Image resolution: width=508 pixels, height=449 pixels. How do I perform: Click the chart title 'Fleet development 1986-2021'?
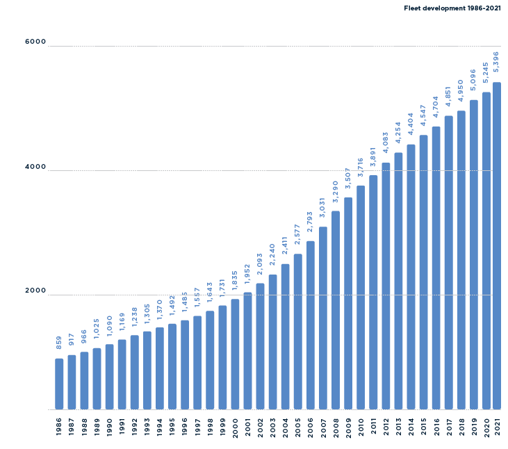coord(452,8)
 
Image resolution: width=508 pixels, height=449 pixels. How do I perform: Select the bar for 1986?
coord(59,384)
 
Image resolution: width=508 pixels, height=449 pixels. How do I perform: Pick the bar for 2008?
coord(336,310)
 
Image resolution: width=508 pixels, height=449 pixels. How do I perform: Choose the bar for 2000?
coord(235,354)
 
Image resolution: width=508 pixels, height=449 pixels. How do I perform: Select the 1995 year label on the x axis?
coord(172,427)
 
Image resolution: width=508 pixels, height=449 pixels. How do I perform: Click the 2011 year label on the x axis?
coord(373,427)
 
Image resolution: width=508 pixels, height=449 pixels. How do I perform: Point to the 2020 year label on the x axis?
coord(486,427)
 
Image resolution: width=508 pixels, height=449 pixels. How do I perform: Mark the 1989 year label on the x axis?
coord(97,427)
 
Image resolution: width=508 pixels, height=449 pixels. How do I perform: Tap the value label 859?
coord(59,343)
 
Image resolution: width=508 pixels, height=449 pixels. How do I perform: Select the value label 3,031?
coord(322,206)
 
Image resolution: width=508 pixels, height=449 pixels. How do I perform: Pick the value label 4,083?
coord(386,142)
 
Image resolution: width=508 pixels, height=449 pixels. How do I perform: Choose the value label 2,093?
coord(260,264)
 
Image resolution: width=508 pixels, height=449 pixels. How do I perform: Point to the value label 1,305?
coord(147,313)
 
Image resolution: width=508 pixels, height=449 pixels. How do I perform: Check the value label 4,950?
coord(461,91)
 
